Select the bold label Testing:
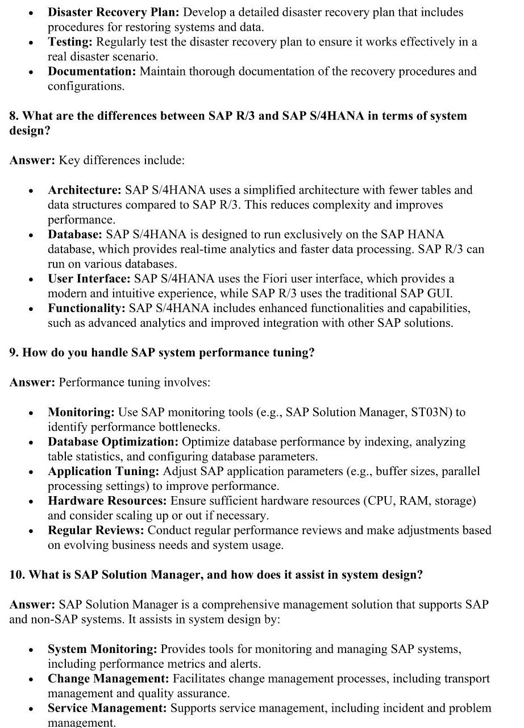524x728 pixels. [x=70, y=42]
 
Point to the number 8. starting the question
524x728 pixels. [x=14, y=116]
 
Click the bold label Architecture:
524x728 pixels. [x=85, y=190]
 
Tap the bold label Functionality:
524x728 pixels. [x=86, y=308]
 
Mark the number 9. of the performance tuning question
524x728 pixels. [x=14, y=352]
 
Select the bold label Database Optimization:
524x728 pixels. [x=106, y=442]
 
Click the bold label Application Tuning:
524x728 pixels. [x=103, y=471]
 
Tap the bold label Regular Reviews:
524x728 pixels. [x=96, y=530]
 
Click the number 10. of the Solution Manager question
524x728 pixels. [x=17, y=575]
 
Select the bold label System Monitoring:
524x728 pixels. [x=102, y=649]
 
